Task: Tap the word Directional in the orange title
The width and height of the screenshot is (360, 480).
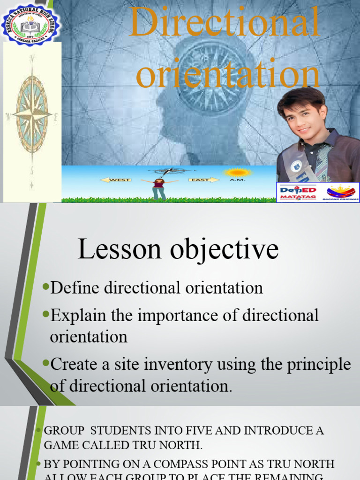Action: point(225,22)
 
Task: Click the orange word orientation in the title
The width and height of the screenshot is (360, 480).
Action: point(228,75)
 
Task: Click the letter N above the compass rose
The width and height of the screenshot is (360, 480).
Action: point(32,59)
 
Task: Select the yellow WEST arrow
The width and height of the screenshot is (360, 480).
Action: point(115,180)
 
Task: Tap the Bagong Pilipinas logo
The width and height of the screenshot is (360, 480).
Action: point(341,192)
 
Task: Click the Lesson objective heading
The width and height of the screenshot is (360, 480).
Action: point(178,249)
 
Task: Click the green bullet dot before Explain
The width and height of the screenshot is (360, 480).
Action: point(45,314)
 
